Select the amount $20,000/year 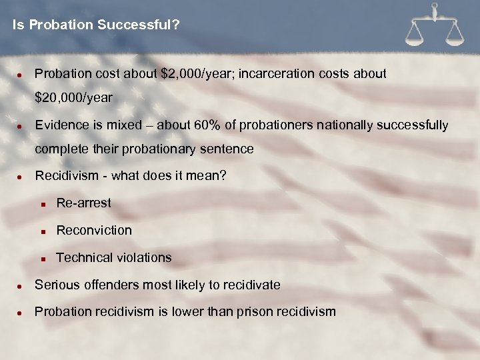click(73, 98)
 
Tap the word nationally click(345, 125)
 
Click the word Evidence click(61, 125)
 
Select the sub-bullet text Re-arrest click(83, 203)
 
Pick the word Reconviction click(94, 230)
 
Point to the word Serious click(56, 285)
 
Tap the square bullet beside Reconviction click(42, 231)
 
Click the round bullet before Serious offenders click(21, 285)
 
